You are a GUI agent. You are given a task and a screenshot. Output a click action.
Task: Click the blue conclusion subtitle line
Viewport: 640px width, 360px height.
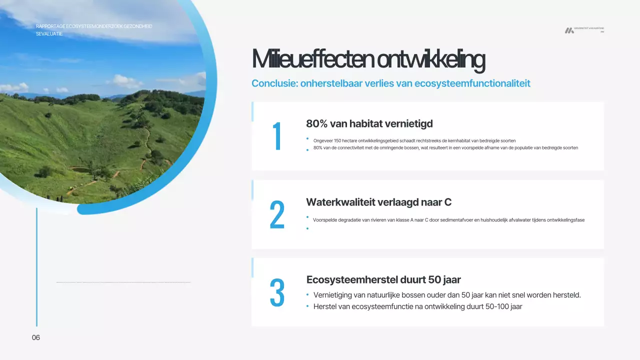pyautogui.click(x=390, y=83)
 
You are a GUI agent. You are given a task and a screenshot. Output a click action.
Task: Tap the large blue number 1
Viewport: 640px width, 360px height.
pyautogui.click(x=277, y=136)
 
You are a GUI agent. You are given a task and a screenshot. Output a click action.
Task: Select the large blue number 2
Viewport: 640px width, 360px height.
pyautogui.click(x=277, y=215)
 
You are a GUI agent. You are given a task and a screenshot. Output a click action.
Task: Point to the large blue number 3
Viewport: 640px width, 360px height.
pyautogui.click(x=277, y=293)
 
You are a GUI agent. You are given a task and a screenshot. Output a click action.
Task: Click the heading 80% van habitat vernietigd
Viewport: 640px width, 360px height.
pyautogui.click(x=369, y=123)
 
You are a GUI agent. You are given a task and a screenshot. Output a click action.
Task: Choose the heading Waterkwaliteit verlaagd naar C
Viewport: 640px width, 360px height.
pyautogui.click(x=378, y=202)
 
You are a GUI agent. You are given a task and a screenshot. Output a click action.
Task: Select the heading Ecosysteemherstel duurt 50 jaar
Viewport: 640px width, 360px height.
pyautogui.click(x=383, y=279)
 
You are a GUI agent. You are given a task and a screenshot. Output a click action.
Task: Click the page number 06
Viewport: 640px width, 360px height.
pyautogui.click(x=36, y=337)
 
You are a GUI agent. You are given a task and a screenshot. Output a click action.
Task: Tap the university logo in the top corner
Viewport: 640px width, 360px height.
pyautogui.click(x=569, y=30)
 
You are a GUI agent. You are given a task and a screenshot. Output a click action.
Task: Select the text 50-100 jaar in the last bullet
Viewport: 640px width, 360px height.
pyautogui.click(x=503, y=306)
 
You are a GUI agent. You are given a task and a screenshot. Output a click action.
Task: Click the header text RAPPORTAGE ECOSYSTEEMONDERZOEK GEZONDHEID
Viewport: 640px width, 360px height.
pyautogui.click(x=94, y=26)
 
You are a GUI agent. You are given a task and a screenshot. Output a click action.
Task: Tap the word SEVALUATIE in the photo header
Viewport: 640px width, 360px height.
pyautogui.click(x=49, y=34)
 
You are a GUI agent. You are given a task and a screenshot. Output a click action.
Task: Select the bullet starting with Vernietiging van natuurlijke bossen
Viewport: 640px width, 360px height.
pyautogui.click(x=447, y=295)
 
